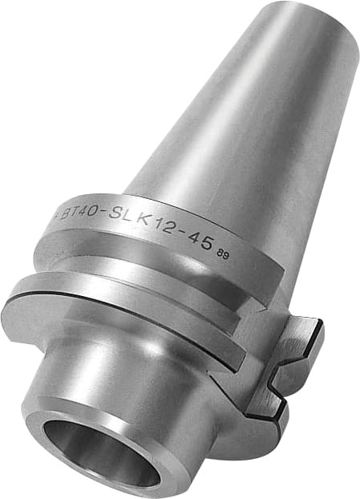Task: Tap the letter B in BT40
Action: tap(67, 213)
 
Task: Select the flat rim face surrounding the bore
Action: tap(48, 433)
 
